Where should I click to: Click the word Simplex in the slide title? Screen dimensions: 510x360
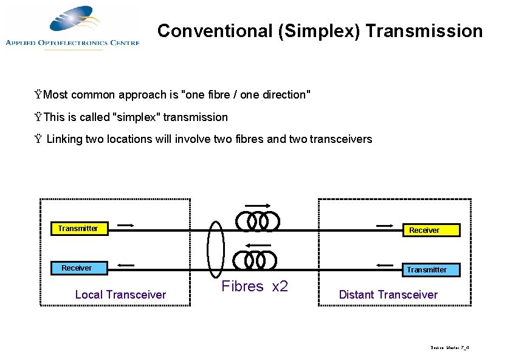click(316, 31)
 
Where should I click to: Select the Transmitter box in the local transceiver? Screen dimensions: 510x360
click(78, 229)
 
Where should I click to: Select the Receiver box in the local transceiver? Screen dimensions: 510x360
click(77, 268)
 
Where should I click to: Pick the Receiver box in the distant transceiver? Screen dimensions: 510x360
click(424, 230)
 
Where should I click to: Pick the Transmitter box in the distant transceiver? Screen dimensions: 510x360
click(426, 269)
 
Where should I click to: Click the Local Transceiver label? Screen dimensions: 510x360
click(120, 295)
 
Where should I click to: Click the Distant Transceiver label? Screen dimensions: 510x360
click(388, 295)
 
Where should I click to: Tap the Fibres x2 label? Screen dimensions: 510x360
click(255, 286)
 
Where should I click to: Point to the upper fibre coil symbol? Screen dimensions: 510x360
click(258, 221)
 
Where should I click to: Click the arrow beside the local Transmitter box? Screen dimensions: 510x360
click(125, 226)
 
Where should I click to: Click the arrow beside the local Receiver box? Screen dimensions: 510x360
click(125, 265)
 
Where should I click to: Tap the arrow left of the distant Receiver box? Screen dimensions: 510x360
click(384, 226)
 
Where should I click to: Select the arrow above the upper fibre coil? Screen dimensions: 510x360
click(258, 206)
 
